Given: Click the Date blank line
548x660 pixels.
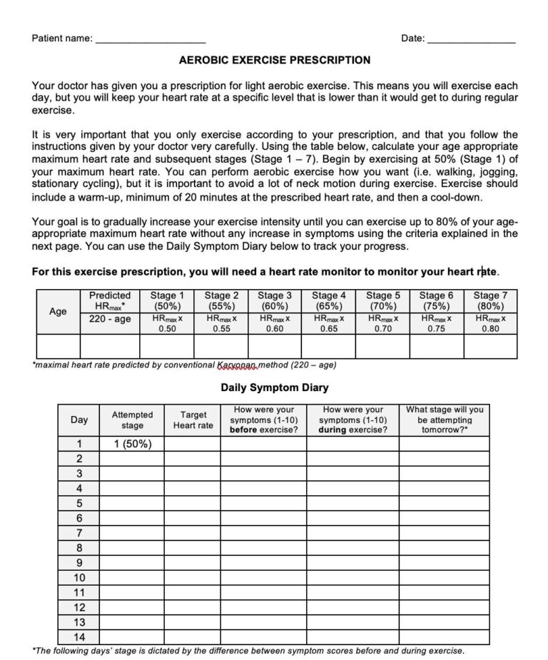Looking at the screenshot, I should tap(470, 40).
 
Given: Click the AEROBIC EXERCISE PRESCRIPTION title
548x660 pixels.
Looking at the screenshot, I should tap(274, 61).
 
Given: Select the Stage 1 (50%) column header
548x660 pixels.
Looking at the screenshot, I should tap(167, 300).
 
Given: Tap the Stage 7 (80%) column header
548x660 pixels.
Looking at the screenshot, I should tap(490, 300).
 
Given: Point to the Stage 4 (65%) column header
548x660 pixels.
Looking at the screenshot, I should tap(328, 300).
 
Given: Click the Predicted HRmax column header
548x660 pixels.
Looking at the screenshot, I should tap(110, 300).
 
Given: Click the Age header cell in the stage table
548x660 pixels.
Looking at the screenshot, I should tap(58, 312).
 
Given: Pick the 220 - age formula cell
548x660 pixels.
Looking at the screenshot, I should tap(110, 320).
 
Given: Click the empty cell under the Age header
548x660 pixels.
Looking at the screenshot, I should tap(58, 346).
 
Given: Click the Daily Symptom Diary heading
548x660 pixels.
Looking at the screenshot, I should tap(274, 388).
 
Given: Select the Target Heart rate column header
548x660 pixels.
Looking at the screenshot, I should tap(193, 420).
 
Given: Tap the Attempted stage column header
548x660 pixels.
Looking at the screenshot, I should tap(132, 420).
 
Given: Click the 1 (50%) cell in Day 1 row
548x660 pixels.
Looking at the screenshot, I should tap(132, 444).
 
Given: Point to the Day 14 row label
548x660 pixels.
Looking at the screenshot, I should tap(79, 637).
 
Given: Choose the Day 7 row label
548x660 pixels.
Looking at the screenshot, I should tap(79, 533).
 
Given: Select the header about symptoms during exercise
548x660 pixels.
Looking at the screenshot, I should tap(352, 420).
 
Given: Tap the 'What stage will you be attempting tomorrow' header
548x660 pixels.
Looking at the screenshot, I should tap(445, 420).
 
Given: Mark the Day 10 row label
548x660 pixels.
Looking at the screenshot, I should tap(79, 578).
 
